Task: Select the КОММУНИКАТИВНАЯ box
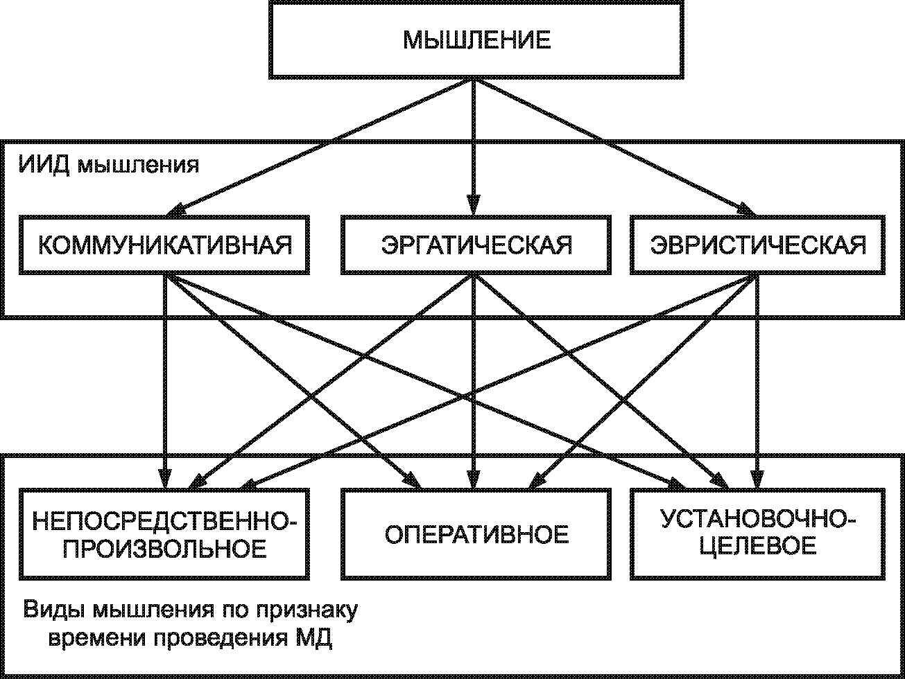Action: (164, 245)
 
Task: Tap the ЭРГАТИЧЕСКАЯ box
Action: (477, 245)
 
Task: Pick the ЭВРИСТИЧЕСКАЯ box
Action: (758, 245)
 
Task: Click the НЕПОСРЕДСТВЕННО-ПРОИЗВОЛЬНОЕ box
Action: (164, 533)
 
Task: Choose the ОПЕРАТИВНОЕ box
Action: (477, 533)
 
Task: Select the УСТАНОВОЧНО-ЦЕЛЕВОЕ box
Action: (758, 533)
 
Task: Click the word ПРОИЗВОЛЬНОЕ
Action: (165, 548)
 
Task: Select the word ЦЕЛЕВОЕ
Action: (757, 546)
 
